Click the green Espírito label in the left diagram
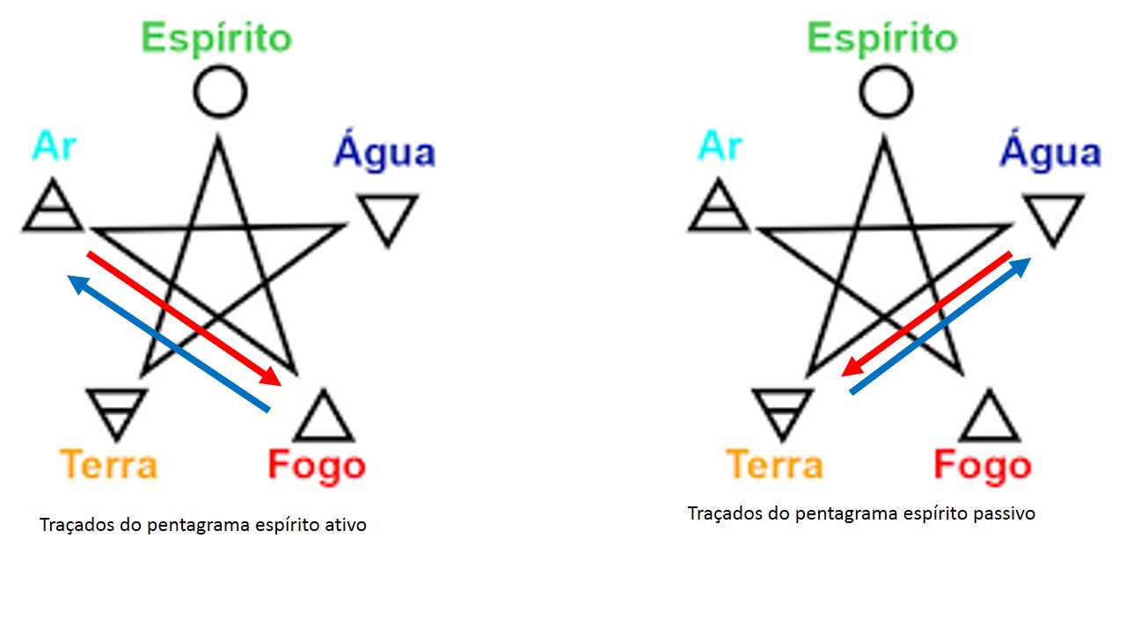216,39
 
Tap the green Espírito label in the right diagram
882,39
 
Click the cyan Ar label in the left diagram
54,146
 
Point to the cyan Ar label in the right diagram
720,146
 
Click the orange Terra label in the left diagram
108,465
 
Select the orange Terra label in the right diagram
775,465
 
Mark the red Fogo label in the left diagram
317,467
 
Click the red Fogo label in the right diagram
983,467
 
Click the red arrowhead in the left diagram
272,377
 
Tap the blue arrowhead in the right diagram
1020,266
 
